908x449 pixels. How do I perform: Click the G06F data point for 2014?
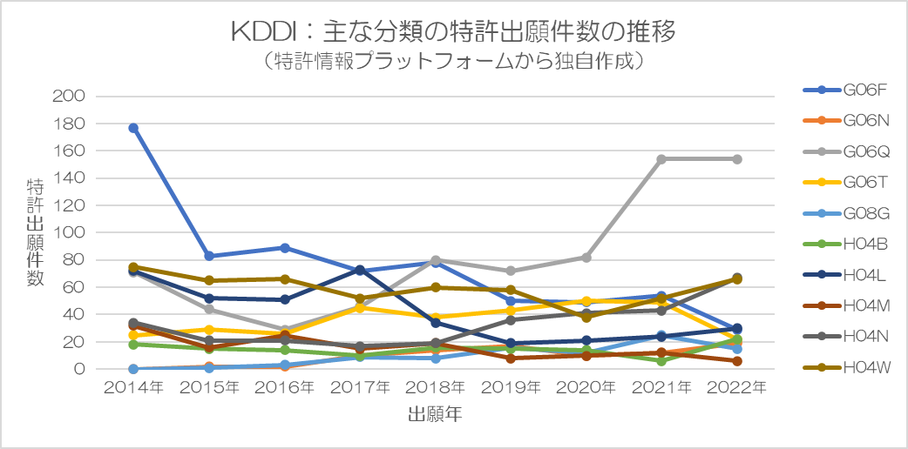point(133,128)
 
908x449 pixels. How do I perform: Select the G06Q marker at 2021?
point(661,159)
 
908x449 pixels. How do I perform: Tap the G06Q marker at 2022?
point(737,159)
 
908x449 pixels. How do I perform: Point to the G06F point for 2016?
point(284,248)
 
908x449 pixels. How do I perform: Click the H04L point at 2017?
point(360,270)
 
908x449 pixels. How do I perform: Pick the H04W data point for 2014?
point(133,267)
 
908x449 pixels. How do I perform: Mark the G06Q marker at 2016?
point(284,330)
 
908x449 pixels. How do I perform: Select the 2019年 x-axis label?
point(511,387)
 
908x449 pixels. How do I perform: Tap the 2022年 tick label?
point(737,387)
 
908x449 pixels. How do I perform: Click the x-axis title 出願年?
point(434,415)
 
